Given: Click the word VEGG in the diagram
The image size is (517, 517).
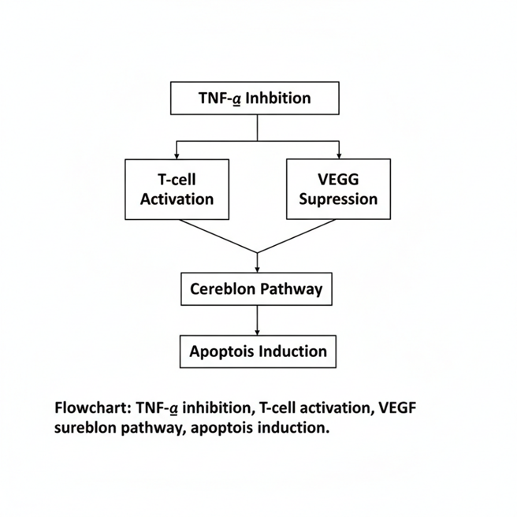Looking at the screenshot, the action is click(338, 180).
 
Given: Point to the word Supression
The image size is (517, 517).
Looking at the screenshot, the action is click(338, 199).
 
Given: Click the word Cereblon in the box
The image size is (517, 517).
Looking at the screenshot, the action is click(222, 288).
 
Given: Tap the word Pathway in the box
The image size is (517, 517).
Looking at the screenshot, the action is click(292, 289).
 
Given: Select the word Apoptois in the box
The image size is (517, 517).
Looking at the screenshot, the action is click(221, 351).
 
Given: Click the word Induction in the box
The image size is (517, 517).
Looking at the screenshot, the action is click(293, 351).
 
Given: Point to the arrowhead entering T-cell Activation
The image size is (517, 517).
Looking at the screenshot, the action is click(177, 156).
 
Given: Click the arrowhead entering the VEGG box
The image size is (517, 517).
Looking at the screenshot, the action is click(339, 155).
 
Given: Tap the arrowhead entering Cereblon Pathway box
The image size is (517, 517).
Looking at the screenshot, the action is click(257, 270).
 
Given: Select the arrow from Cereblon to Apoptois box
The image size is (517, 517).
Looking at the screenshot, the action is click(257, 321).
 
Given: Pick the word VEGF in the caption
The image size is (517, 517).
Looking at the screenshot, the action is click(397, 407).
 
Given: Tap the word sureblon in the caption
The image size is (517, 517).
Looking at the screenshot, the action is click(85, 428).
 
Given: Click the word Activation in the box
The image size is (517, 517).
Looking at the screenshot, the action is click(177, 199).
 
